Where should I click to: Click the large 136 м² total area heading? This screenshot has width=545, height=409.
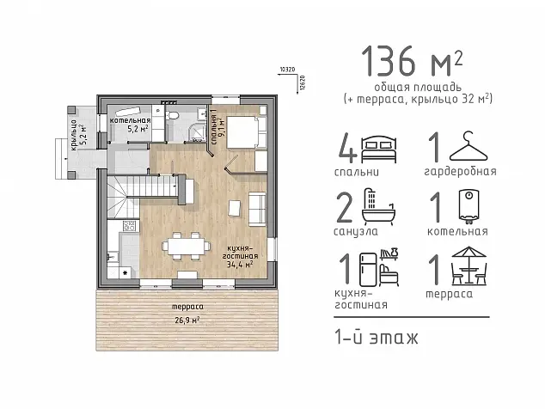(x=412, y=62)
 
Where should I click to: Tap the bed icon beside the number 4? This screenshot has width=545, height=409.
(x=379, y=150)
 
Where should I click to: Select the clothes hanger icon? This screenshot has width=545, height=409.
(x=468, y=147)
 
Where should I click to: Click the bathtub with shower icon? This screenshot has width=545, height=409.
(x=379, y=205)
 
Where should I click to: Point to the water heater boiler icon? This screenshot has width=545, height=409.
(x=469, y=205)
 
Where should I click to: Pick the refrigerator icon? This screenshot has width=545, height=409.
(x=368, y=270)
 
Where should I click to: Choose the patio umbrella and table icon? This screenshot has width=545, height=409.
(x=468, y=266)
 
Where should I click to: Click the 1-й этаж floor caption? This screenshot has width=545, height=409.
(x=376, y=338)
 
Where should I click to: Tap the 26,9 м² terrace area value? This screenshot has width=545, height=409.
(x=187, y=320)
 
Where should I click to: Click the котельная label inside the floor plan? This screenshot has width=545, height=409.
(x=130, y=120)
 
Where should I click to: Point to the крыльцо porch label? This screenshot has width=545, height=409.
(x=73, y=136)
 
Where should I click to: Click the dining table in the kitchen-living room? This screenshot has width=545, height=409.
(x=186, y=247)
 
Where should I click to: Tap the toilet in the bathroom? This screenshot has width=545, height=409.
(x=173, y=114)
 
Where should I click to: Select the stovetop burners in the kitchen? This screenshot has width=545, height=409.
(x=129, y=226)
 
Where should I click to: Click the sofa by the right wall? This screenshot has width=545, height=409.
(x=257, y=209)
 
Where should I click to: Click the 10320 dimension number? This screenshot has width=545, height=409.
(x=287, y=70)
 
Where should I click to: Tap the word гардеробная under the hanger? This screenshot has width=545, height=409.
(x=460, y=171)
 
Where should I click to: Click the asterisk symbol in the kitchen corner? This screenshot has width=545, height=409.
(x=126, y=272)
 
